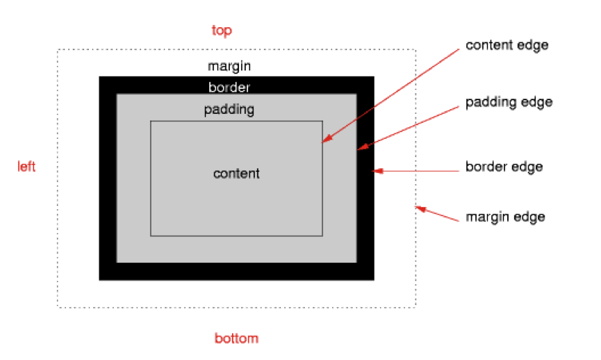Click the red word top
click(x=222, y=31)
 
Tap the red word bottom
click(x=236, y=338)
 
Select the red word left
click(x=26, y=167)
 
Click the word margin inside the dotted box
click(x=229, y=67)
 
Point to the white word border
click(x=229, y=88)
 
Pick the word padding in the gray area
click(x=229, y=110)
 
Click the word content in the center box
click(x=236, y=174)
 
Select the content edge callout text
click(x=507, y=45)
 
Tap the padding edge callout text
click(x=509, y=102)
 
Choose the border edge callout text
click(x=504, y=167)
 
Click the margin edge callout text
click(x=505, y=217)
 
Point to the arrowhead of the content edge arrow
click(x=324, y=140)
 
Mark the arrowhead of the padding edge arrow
click(x=360, y=147)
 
